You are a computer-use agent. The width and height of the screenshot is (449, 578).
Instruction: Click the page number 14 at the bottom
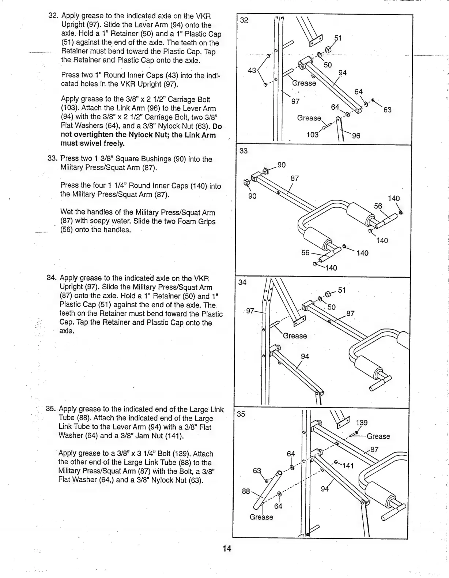click(x=227, y=548)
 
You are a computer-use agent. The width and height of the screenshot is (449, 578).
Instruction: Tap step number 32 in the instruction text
click(x=54, y=16)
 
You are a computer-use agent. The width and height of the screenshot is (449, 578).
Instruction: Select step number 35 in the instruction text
click(x=51, y=409)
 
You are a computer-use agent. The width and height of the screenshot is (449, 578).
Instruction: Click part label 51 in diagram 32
click(x=339, y=38)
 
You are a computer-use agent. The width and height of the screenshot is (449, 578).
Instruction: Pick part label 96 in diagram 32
click(x=356, y=136)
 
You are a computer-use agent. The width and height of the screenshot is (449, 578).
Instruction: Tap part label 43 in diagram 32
click(x=252, y=70)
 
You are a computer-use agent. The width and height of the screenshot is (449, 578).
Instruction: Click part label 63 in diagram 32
click(x=387, y=110)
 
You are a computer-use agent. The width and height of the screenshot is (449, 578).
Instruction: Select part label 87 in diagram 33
click(x=295, y=179)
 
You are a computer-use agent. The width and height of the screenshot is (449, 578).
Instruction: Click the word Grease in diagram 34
click(x=295, y=336)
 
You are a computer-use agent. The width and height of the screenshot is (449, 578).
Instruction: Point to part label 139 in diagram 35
click(x=362, y=423)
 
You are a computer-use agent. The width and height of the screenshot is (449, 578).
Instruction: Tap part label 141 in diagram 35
click(x=348, y=466)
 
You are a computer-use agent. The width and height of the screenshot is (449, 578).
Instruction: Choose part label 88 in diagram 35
click(x=246, y=491)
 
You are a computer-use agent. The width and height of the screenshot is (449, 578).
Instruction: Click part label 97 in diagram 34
click(x=250, y=311)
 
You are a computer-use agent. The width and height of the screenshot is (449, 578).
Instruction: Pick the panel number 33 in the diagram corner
click(x=244, y=151)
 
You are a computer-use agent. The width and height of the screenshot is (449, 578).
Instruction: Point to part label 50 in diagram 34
click(x=331, y=307)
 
